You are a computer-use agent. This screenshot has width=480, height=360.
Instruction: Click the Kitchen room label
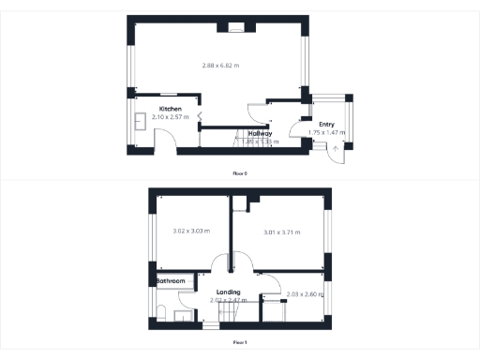(170, 110)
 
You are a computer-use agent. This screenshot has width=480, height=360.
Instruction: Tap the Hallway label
(261, 133)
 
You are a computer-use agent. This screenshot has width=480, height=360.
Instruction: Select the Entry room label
(326, 125)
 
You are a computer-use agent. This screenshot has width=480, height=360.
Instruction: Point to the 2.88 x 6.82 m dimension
(220, 66)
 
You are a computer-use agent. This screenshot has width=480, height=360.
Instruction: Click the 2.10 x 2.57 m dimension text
(170, 117)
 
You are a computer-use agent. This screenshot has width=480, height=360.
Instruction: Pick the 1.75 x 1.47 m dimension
(326, 133)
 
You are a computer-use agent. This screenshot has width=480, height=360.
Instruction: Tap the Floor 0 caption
(240, 173)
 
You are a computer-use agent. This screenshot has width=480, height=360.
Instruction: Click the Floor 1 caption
(240, 342)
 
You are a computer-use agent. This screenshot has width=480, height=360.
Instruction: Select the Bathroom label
(170, 281)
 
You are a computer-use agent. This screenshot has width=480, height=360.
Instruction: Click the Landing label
(228, 292)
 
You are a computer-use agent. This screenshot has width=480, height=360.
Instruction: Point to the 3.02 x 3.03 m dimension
(191, 232)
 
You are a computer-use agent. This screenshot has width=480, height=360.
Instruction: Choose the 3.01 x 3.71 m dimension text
(281, 232)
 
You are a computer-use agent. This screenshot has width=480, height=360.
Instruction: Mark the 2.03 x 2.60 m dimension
(305, 294)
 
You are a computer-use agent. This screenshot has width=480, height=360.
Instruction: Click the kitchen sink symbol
(139, 120)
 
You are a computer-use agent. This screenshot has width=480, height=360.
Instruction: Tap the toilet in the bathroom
(160, 313)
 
